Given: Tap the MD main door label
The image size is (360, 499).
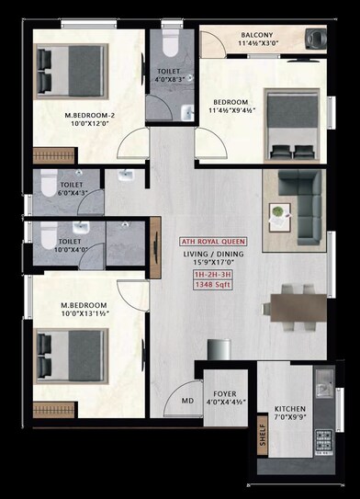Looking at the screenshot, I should tap(187, 400).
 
